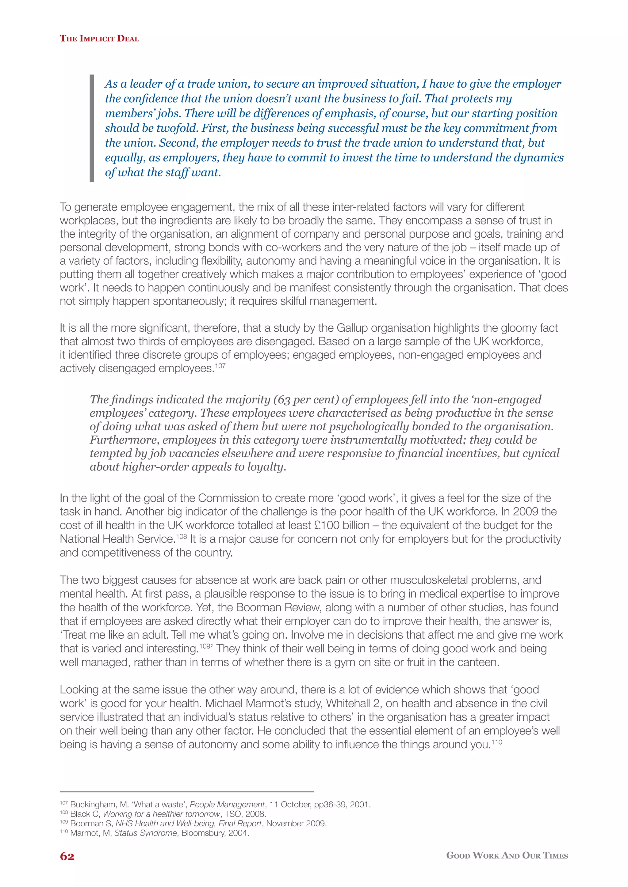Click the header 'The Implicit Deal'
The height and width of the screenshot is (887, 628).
click(99, 38)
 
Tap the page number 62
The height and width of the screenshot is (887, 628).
click(67, 856)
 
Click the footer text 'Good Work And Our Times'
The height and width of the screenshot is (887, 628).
click(507, 855)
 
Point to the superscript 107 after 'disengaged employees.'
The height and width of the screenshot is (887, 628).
click(220, 365)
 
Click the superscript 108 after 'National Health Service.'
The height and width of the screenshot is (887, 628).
click(181, 536)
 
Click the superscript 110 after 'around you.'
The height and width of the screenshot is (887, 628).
click(496, 742)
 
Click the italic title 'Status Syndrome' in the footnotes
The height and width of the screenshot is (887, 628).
click(145, 833)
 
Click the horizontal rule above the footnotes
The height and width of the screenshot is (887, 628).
click(186, 791)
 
